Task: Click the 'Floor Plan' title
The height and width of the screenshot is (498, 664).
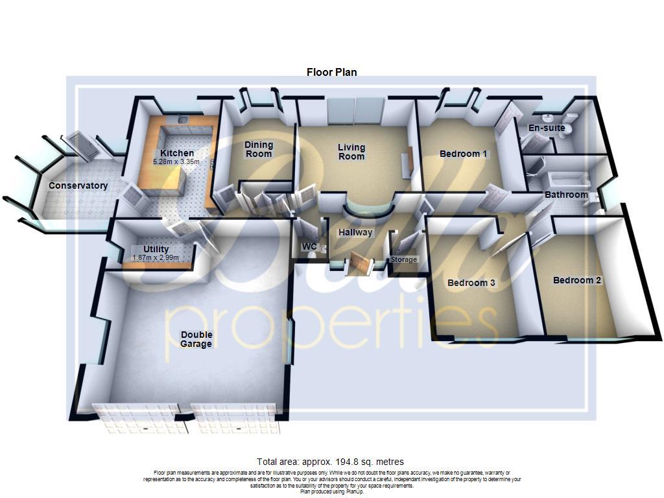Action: click(x=331, y=73)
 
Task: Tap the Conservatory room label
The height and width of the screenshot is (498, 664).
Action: click(x=78, y=186)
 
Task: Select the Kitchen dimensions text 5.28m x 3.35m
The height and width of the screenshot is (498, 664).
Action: click(x=175, y=161)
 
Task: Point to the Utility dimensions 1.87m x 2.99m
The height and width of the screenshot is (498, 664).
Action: click(x=156, y=257)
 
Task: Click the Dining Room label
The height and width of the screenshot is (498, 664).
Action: click(x=259, y=149)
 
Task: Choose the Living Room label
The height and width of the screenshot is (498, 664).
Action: click(x=351, y=152)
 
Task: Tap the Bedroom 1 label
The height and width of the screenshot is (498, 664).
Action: click(x=463, y=154)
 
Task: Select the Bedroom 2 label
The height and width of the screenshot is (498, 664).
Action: click(x=576, y=280)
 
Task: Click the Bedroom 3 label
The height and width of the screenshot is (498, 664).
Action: click(x=471, y=283)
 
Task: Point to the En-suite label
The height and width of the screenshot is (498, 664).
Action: click(x=546, y=128)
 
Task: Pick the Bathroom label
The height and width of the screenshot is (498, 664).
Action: click(x=565, y=195)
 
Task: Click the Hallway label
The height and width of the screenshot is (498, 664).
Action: click(x=355, y=232)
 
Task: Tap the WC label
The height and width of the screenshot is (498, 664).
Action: click(x=309, y=246)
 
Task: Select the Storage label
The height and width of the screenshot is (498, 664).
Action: click(x=404, y=259)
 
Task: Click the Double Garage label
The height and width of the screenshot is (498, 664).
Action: click(x=196, y=339)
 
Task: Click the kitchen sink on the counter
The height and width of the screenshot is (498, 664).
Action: click(x=184, y=119)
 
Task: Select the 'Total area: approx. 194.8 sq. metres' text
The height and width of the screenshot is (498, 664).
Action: click(x=330, y=462)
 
